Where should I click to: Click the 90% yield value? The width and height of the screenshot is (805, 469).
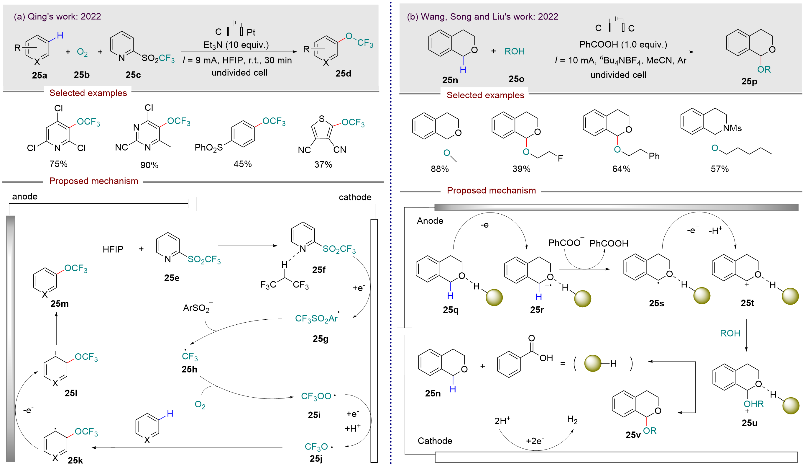(149, 165)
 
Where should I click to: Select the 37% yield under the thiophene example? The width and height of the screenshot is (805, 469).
(323, 164)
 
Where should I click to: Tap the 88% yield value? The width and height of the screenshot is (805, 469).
(440, 169)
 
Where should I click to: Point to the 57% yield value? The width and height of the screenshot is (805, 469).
(719, 169)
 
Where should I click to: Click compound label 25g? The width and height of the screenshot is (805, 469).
(321, 339)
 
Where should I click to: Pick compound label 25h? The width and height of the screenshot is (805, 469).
(189, 369)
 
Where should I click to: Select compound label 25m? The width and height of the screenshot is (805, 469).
(60, 303)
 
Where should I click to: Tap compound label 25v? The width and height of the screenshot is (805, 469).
(633, 435)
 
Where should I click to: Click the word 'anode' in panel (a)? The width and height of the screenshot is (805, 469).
(24, 196)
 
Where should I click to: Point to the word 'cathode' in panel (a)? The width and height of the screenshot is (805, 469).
(355, 197)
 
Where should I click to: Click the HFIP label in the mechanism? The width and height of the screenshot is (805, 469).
(113, 249)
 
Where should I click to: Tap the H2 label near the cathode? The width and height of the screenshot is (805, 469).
(572, 419)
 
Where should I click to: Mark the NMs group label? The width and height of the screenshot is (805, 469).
(732, 128)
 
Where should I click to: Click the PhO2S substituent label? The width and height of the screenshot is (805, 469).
(208, 147)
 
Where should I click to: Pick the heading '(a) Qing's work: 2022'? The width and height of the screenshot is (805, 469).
(57, 16)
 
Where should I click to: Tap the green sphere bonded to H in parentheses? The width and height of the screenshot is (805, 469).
(593, 364)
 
